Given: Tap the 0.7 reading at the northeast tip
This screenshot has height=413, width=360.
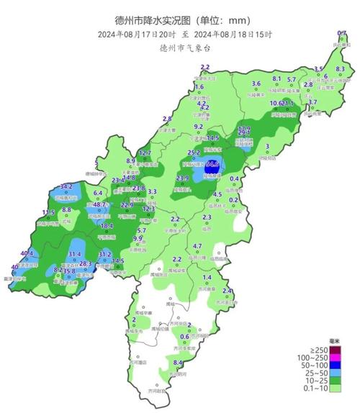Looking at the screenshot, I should (341, 33).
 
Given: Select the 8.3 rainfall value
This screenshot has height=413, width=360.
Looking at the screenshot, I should (341, 69).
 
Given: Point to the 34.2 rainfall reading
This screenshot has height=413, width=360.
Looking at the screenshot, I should (66, 186).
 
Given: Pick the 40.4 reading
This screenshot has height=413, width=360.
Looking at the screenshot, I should (27, 253).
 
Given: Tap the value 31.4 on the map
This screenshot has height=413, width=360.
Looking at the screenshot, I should (74, 255).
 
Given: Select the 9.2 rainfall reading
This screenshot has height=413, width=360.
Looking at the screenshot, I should (199, 127).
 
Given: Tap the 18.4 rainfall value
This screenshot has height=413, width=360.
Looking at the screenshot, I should (107, 226).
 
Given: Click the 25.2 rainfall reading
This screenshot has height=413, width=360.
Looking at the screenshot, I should (194, 153).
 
